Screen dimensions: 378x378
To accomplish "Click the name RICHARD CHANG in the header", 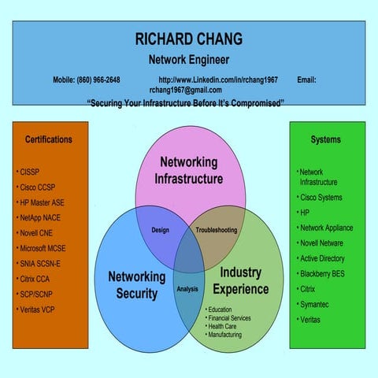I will [x=188, y=39].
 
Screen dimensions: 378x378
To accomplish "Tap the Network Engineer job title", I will [x=188, y=59].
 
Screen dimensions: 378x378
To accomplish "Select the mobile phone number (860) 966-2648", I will [x=87, y=80].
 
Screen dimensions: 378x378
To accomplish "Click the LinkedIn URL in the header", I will [x=218, y=80].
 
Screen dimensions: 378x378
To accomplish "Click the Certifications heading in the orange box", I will [x=49, y=139].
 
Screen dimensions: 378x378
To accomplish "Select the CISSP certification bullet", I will [x=31, y=172].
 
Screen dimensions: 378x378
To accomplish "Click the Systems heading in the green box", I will [x=326, y=139].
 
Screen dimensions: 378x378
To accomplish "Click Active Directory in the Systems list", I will [x=322, y=258].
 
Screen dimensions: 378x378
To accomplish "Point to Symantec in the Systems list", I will [x=314, y=304].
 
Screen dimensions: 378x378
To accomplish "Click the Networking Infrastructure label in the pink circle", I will [x=188, y=170].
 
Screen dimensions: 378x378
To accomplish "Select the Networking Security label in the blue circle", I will [x=136, y=285].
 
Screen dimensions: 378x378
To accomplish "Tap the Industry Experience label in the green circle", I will [x=240, y=280].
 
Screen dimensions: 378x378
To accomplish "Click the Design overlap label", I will [x=161, y=230].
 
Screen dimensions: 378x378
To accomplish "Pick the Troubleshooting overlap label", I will [x=216, y=230].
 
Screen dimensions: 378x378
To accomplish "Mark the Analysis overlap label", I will [x=187, y=289].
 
